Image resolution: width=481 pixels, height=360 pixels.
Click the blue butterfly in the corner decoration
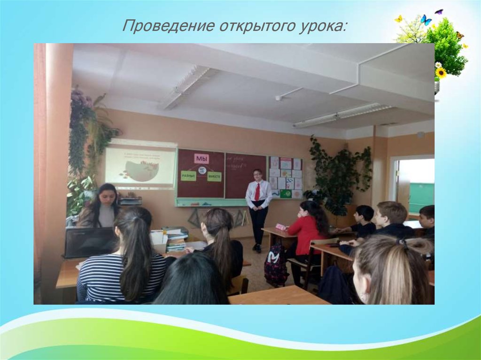[426, 20]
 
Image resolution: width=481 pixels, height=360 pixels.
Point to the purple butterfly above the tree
[439, 11]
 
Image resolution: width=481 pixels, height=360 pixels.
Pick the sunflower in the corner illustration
[441, 72]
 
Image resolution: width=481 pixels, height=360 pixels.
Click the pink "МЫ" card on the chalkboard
[201, 158]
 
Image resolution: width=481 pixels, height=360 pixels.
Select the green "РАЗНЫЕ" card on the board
[188, 176]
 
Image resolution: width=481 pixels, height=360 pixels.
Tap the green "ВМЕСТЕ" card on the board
[214, 176]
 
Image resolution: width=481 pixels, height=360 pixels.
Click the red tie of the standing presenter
[257, 191]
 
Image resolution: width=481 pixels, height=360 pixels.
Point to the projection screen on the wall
[140, 167]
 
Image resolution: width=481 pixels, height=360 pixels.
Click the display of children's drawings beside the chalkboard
[285, 177]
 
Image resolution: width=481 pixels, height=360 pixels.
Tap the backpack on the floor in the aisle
[276, 264]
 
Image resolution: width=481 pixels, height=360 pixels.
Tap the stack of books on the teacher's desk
[176, 239]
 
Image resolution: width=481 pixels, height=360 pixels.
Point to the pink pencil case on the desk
[281, 227]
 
